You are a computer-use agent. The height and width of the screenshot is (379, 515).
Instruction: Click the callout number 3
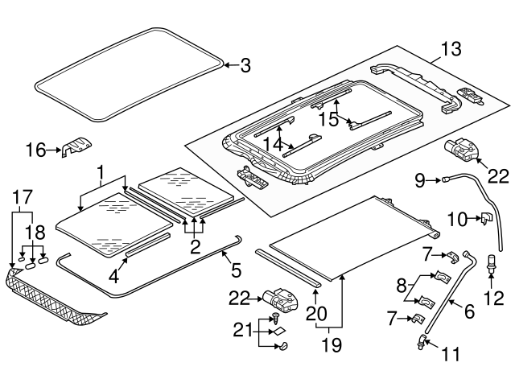(x=245, y=66)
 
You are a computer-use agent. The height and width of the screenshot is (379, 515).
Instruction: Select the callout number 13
(x=451, y=49)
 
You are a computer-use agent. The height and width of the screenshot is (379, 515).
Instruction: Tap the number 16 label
(x=35, y=150)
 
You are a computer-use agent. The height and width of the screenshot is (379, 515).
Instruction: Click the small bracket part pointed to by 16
(x=76, y=146)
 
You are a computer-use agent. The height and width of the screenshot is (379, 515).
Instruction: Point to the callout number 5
(x=236, y=270)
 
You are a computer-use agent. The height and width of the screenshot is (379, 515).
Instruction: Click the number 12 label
(x=493, y=299)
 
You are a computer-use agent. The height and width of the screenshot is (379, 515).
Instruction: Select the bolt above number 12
(x=491, y=263)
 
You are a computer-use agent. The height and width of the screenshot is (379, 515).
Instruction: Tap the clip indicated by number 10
(x=485, y=219)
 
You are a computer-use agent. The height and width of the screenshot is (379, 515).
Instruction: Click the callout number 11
(x=451, y=354)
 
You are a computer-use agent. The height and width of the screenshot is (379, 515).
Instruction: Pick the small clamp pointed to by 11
(x=422, y=342)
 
